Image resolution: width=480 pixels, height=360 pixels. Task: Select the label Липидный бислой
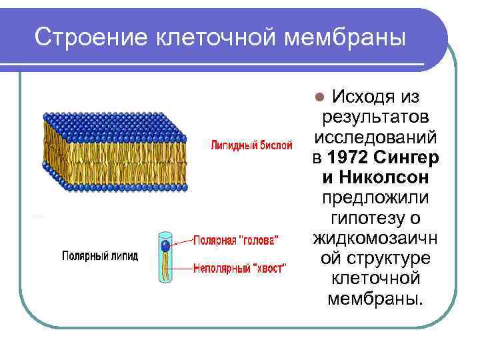[x=251, y=145]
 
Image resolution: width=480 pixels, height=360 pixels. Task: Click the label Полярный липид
[x=100, y=256]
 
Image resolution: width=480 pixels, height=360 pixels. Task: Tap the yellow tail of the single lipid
[x=165, y=267]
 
